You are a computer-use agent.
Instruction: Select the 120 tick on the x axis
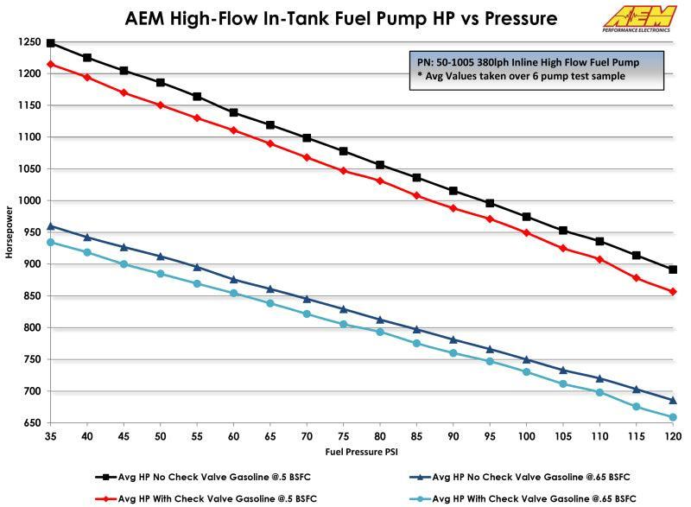point(672,437)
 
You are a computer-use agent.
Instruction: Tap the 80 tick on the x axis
point(380,437)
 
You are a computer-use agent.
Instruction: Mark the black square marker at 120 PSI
point(673,269)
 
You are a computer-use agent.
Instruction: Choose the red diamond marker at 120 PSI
point(673,292)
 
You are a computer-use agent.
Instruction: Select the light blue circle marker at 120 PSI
point(673,417)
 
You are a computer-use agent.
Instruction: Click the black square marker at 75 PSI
point(344,151)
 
